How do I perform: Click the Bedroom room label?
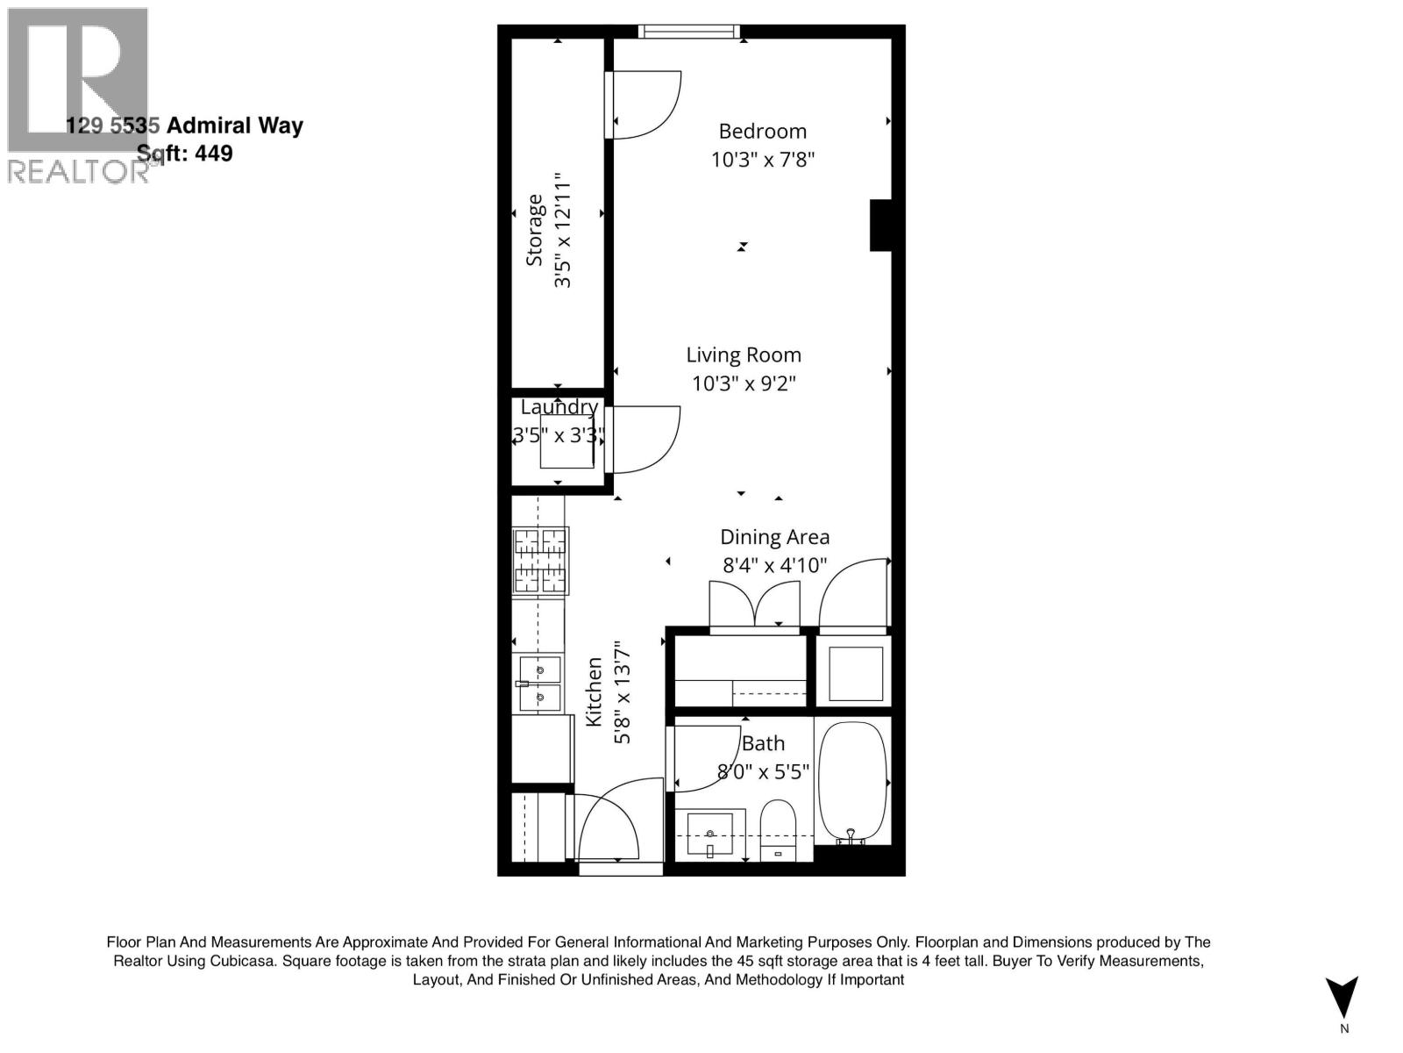(x=762, y=132)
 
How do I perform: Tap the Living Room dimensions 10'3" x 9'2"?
(x=744, y=383)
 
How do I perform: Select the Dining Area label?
(x=774, y=537)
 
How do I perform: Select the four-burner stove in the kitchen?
(x=540, y=561)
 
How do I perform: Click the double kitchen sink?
(x=539, y=684)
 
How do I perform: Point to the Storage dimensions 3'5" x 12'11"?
(x=562, y=231)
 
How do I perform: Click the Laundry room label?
(x=559, y=407)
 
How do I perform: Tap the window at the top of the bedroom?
(x=688, y=32)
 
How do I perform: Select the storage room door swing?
(x=645, y=104)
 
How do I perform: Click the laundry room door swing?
(x=645, y=439)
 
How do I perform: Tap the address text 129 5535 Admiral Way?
(x=185, y=125)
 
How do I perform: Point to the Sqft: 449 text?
(x=185, y=154)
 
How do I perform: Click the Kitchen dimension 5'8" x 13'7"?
(x=622, y=691)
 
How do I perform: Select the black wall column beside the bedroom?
(x=880, y=226)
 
